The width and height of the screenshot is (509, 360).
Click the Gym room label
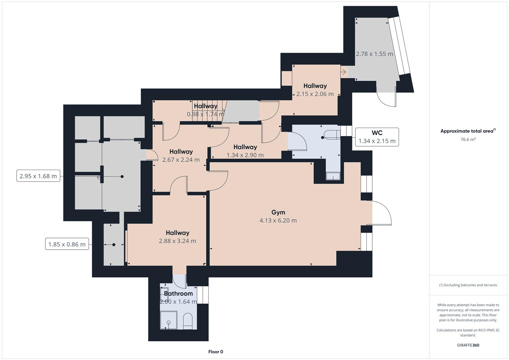(278, 212)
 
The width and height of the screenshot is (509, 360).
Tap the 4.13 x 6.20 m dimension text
(278, 220)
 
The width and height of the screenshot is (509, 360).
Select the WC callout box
(377, 137)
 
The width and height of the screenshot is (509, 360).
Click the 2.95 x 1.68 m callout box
(38, 176)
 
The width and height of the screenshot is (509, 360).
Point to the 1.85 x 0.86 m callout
(67, 244)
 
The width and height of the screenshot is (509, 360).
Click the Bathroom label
(178, 294)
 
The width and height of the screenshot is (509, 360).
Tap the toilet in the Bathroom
(188, 321)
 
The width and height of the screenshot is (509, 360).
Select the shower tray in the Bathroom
(169, 320)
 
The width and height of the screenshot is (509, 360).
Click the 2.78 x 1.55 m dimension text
(374, 54)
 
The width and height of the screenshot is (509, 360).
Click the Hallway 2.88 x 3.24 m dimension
(177, 241)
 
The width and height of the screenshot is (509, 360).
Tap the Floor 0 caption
(216, 352)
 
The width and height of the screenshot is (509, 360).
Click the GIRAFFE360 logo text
(468, 345)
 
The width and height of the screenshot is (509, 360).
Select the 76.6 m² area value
(468, 140)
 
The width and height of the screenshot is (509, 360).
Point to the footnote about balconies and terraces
(468, 285)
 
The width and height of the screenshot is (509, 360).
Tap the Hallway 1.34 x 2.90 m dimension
(245, 155)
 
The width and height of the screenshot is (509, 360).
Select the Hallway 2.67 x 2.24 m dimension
(181, 160)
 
